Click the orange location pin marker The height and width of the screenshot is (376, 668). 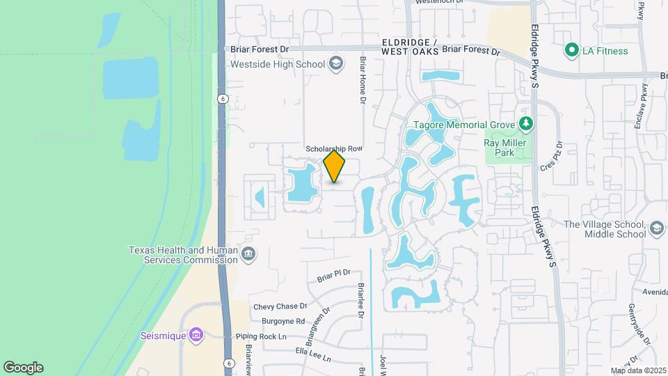[335, 166]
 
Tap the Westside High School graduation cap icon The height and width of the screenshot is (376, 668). [337, 65]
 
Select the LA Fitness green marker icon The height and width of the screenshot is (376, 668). [571, 50]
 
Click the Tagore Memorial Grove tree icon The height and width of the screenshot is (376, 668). [526, 125]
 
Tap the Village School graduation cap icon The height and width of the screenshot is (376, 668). [657, 228]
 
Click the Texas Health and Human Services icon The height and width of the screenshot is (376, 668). [248, 255]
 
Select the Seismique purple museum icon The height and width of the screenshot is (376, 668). [197, 336]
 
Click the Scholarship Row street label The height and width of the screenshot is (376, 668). [335, 149]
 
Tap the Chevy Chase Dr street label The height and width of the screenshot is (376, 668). [280, 306]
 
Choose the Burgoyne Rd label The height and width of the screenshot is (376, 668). [283, 322]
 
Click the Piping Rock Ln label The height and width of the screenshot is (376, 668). [261, 337]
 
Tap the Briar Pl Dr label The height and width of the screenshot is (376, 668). [334, 276]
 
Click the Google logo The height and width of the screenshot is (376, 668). [23, 368]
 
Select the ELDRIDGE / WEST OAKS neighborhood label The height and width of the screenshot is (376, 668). [411, 47]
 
